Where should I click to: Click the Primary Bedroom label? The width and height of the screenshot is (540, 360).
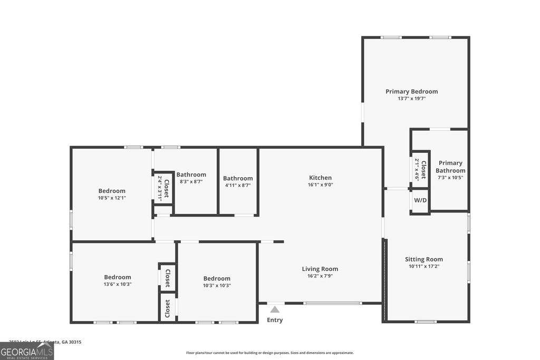pos(411,91)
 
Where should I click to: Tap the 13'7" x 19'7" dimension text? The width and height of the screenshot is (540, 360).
pos(411,99)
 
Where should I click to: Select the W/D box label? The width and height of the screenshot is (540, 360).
pos(420,200)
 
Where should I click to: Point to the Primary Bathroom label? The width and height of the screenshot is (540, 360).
pos(450,167)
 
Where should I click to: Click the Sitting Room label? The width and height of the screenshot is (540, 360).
pos(423,259)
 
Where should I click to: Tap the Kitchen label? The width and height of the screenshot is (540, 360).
pos(320,178)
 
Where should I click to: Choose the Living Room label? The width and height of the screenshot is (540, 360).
pos(320,269)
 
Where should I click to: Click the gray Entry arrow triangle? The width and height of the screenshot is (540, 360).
pos(275,310)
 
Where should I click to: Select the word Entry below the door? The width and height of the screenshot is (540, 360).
pos(275,320)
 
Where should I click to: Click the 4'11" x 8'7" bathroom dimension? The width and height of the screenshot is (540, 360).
pos(238,186)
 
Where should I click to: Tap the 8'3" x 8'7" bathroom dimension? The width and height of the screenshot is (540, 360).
pos(191,181)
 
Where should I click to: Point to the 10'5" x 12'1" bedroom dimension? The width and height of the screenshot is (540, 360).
pos(112,198)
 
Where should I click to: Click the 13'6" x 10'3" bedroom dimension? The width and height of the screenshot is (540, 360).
pos(117,284)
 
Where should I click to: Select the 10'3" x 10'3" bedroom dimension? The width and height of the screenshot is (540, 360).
pos(217,285)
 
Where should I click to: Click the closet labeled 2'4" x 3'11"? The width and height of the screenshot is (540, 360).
pos(163,188)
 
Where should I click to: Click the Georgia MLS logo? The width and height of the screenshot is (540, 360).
pos(27,351)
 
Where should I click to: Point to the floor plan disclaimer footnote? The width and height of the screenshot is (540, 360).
pos(269,353)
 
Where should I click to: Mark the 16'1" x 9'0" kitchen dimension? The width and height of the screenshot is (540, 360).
pos(320,185)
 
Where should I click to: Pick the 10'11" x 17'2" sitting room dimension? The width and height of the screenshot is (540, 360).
pos(423,266)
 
